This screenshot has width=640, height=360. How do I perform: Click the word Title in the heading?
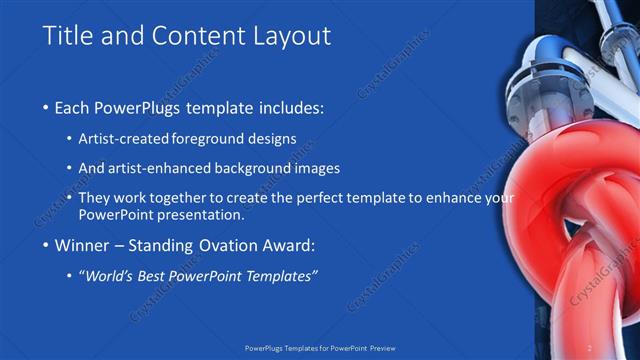(x=67, y=36)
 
